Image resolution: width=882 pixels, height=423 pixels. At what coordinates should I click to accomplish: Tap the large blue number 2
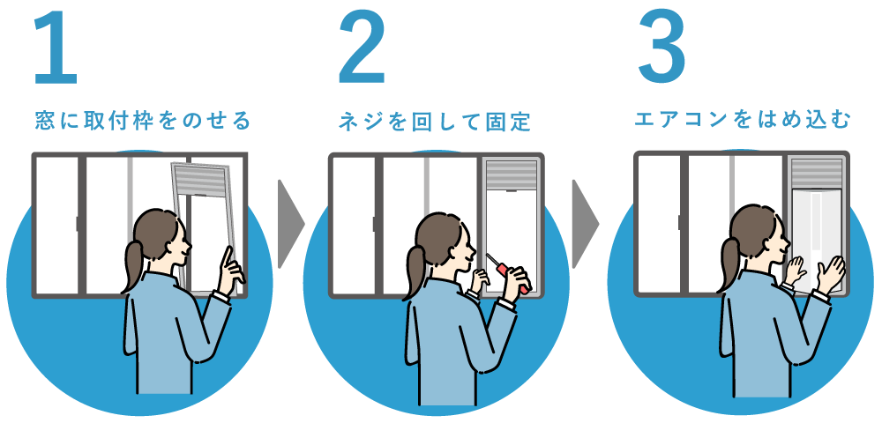363,48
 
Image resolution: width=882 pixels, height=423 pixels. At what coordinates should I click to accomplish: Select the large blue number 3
662,48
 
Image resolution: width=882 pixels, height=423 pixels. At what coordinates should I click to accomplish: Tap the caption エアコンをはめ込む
742,120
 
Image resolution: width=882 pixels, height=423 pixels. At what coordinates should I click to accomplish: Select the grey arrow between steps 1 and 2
291,225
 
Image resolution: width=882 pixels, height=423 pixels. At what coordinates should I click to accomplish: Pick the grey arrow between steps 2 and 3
586,225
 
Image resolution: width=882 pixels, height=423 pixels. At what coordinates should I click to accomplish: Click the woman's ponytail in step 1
133,264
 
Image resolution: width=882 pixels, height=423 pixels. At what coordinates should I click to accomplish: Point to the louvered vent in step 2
512,175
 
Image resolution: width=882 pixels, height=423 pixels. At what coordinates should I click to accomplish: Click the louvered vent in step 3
817,174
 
